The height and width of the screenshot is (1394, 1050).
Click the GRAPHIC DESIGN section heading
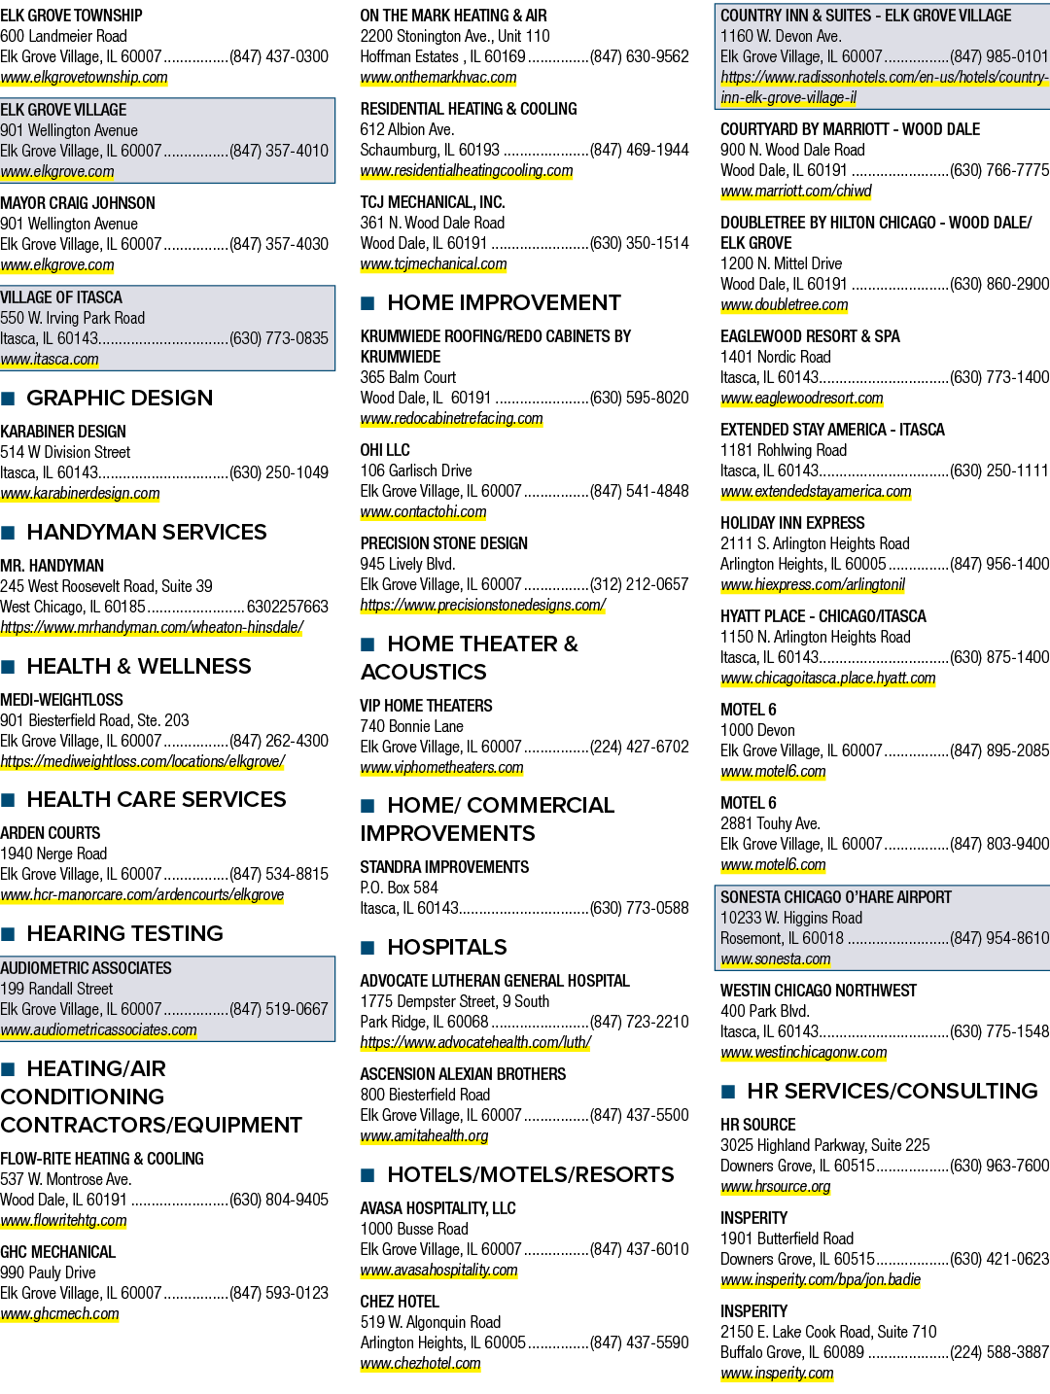[120, 399]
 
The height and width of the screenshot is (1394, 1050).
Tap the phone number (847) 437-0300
[279, 56]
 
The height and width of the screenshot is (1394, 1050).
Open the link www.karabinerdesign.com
[80, 494]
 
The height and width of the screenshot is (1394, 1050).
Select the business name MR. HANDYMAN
[52, 565]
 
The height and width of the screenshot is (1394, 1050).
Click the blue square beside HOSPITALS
[367, 948]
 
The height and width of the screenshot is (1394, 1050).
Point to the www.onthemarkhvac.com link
[438, 78]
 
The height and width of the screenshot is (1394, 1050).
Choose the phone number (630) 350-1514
[639, 243]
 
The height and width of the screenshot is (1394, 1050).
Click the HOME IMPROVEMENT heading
[504, 303]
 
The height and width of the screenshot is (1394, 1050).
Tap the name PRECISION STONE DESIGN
[444, 543]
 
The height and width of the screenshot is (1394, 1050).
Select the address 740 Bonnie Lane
[411, 726]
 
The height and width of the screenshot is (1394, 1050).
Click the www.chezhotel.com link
[421, 1364]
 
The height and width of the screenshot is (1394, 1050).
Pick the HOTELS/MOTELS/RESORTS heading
[531, 1175]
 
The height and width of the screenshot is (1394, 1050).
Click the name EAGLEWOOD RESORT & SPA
[810, 336]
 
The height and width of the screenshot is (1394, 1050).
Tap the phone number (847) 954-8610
[999, 938]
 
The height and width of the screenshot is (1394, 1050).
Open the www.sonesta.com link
[776, 958]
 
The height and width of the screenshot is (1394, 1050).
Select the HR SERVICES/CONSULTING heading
[892, 1091]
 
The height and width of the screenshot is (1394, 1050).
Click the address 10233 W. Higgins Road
[790, 918]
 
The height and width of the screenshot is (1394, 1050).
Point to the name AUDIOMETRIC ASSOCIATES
[86, 968]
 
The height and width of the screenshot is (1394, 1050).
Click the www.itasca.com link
[50, 360]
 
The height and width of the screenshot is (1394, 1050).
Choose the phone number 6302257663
[287, 607]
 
